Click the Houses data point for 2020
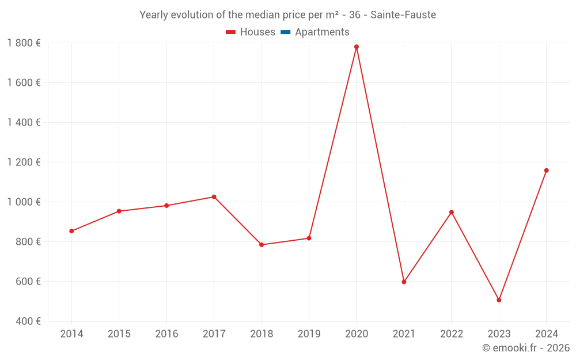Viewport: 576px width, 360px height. [357, 47]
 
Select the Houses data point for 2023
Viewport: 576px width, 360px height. [499, 300]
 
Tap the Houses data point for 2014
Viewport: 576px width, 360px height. [71, 231]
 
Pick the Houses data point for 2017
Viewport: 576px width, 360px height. [214, 197]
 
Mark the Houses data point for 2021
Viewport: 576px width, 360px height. [404, 282]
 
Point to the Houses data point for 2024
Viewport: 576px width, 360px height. [546, 170]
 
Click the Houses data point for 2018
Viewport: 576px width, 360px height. [262, 245]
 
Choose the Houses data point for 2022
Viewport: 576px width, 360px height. [452, 212]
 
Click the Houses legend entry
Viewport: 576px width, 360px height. [251, 32]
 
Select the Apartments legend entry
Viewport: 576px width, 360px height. [315, 32]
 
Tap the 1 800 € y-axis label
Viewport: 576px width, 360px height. [24, 43]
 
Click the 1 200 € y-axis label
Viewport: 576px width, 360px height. [24, 162]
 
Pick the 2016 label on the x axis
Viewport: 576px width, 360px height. [166, 334]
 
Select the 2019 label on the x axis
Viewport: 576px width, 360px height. [309, 334]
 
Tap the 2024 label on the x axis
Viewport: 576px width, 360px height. [546, 334]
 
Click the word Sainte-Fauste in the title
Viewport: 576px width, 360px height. [403, 15]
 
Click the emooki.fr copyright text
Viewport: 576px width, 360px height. [526, 348]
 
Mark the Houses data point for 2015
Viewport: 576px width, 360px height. [119, 211]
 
